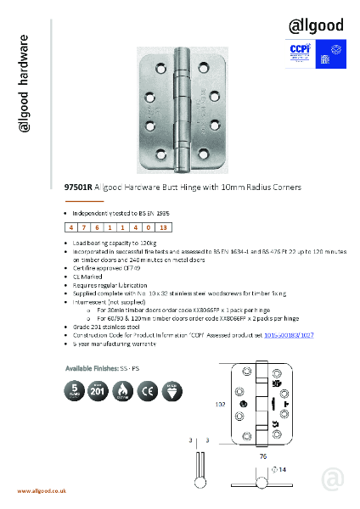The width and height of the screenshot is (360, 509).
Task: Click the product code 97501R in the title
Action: point(79,187)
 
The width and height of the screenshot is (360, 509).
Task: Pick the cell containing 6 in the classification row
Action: point(98,227)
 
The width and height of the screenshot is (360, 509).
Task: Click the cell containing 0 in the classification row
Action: point(148,227)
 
